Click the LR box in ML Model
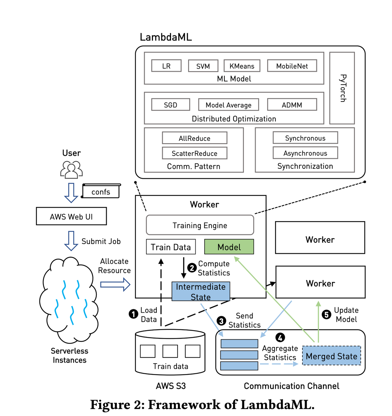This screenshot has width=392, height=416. click(166, 66)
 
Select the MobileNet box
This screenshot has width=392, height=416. click(292, 66)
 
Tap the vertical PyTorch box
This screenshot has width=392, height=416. click(342, 88)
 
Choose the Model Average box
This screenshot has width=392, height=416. click(228, 105)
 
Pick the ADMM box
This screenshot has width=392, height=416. click(292, 105)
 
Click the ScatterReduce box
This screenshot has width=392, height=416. click(194, 153)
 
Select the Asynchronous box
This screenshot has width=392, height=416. click(305, 153)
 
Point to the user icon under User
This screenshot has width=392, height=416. click(71, 170)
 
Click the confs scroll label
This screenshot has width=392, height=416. click(101, 191)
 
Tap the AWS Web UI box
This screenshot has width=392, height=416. click(71, 216)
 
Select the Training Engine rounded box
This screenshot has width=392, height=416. click(200, 225)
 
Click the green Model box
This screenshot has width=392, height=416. click(229, 247)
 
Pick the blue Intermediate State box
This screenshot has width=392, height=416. click(201, 292)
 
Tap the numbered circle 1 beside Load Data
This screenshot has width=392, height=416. click(133, 314)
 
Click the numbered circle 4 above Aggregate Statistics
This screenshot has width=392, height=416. click(280, 337)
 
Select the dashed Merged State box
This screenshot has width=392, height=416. click(331, 356)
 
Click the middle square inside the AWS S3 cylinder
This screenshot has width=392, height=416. click(170, 351)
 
